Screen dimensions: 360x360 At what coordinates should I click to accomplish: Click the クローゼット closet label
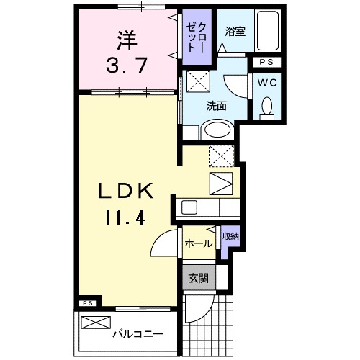[x=194, y=34]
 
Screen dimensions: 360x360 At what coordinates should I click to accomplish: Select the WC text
[x=268, y=82]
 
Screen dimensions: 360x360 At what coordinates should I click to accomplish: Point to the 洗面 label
[x=216, y=105]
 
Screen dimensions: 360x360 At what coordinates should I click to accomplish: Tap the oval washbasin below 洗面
[x=215, y=130]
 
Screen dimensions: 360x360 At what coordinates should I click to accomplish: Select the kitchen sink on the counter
[x=189, y=207]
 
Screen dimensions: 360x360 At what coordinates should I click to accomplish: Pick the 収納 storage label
[x=229, y=237]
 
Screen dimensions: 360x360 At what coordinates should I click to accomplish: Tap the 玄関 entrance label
[x=198, y=277]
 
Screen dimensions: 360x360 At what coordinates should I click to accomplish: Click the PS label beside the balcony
[x=86, y=303]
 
